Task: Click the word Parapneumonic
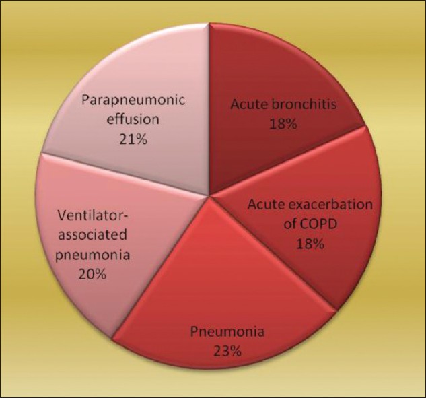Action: coord(133,101)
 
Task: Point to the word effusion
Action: coord(133,119)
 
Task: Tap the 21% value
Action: coord(133,139)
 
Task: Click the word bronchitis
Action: coord(304,104)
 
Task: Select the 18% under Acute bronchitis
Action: coord(283,124)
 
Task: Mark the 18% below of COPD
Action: coord(310,244)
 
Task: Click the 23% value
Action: coord(227,352)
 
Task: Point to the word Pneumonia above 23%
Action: coord(227,332)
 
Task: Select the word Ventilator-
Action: coord(93,216)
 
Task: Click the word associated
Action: coord(93,235)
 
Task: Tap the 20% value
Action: coord(92,274)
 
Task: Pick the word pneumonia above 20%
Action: coord(92,255)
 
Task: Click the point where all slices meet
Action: coord(209,195)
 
